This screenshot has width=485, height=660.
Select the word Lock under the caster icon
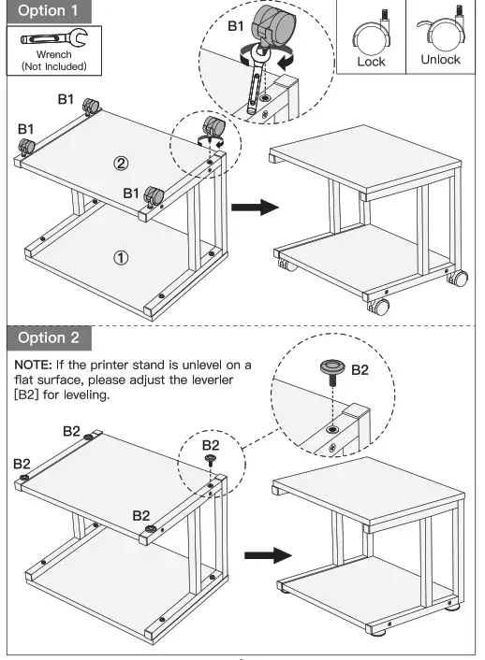click(371, 60)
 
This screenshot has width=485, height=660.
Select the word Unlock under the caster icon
click(440, 60)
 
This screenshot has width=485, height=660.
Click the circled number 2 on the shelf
click(121, 163)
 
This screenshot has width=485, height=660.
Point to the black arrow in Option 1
click(256, 206)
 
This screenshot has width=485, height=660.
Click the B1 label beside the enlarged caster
click(240, 26)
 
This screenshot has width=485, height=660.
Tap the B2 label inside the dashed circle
click(360, 370)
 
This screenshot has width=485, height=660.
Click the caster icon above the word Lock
click(370, 33)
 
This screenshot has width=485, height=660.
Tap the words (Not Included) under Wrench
click(53, 66)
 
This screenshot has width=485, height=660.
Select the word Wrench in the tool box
click(53, 54)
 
